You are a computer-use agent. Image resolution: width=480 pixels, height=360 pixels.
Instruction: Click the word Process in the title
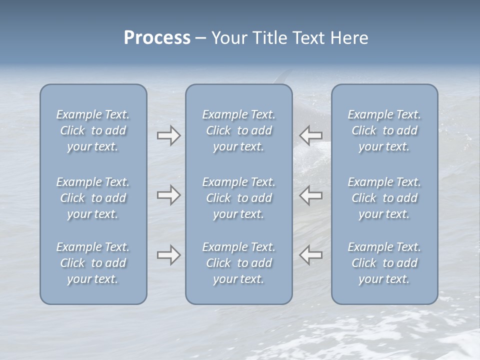pos(157,38)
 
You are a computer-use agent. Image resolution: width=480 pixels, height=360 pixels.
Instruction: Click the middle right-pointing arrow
pos(169,195)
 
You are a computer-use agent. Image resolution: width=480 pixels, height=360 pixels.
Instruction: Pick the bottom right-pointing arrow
pos(169,255)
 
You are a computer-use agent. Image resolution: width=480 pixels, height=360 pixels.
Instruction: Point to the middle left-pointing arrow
pos(310,195)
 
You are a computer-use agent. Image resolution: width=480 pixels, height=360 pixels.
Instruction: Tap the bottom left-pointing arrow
pos(310,255)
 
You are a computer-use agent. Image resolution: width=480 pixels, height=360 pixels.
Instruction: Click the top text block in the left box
pos(93,130)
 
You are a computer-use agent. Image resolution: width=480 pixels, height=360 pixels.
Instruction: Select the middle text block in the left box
pos(93,198)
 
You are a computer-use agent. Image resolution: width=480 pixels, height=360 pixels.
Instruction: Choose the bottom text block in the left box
pos(93,263)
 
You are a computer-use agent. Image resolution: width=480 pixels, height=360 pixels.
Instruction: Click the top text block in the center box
pos(239,130)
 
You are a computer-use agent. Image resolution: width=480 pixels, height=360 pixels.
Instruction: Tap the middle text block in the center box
pos(239,198)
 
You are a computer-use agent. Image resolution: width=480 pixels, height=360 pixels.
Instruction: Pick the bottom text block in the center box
pos(239,263)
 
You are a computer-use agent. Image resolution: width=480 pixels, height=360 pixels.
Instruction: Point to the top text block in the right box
pos(384,130)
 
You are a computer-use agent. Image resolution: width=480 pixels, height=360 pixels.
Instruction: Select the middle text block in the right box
pos(384,198)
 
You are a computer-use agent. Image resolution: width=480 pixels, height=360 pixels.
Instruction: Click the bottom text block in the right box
pos(384,263)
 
